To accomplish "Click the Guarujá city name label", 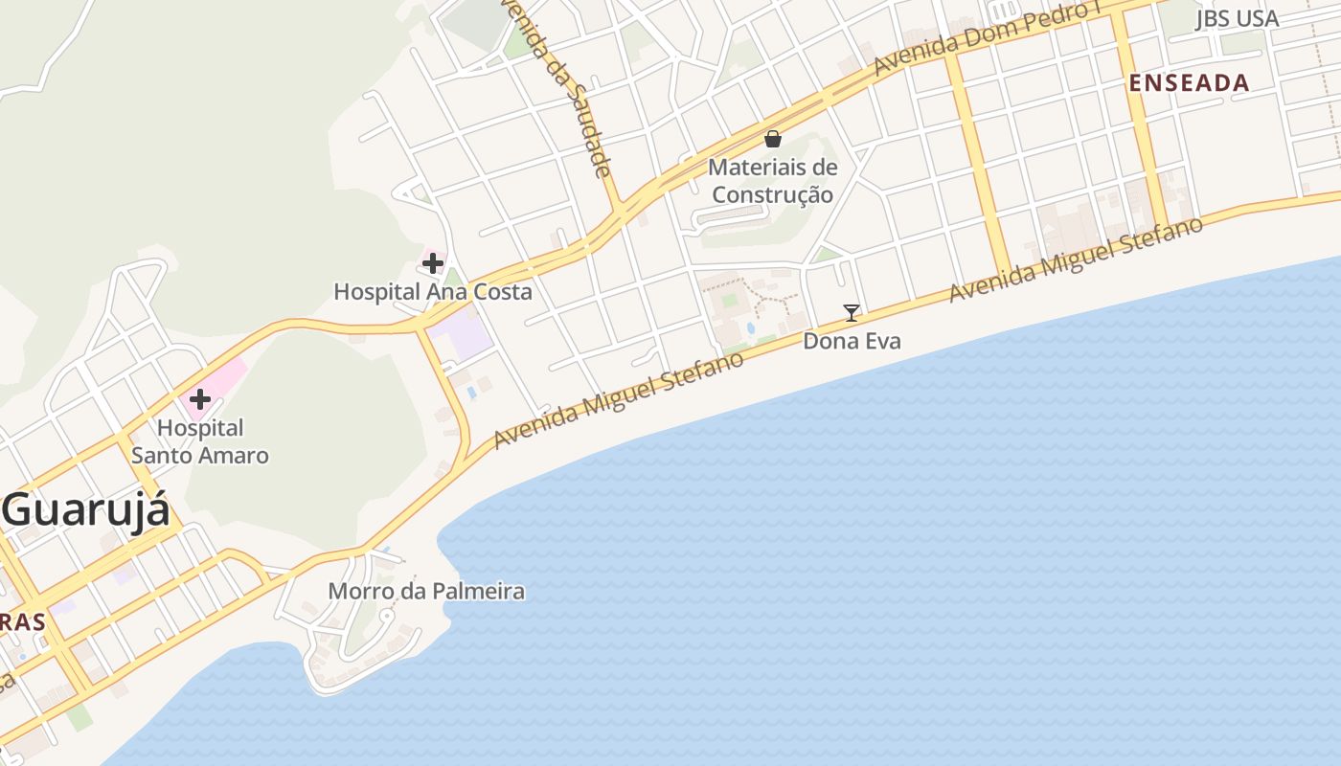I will tap(86, 510).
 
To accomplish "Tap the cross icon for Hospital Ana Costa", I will tap(433, 262).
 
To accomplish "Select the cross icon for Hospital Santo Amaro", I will tap(200, 399).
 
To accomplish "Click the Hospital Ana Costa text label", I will tap(432, 291).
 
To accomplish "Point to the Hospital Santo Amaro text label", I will tap(200, 441).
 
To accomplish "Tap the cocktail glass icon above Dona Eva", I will tap(851, 312).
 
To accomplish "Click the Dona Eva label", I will tap(852, 341).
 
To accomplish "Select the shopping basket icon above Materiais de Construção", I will tap(773, 140).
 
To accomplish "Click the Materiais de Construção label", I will tap(773, 181).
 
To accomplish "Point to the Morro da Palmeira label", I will tap(426, 591).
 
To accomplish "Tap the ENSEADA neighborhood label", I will tap(1189, 83).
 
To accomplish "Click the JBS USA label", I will tap(1237, 19).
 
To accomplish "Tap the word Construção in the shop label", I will tap(773, 194).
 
